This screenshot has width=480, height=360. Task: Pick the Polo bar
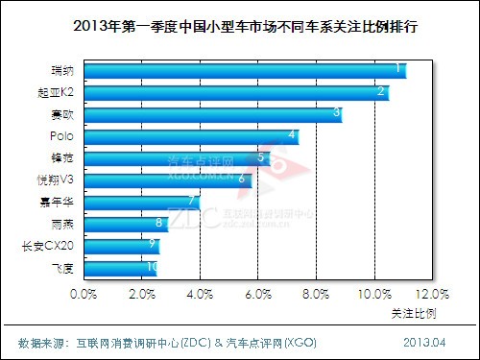pyautogui.click(x=191, y=136)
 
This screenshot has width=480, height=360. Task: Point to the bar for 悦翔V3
pyautogui.click(x=169, y=180)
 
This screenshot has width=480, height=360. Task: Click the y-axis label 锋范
pyautogui.click(x=60, y=157)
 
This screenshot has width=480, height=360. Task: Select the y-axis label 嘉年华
pyautogui.click(x=56, y=202)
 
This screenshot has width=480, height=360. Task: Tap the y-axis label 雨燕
pyautogui.click(x=60, y=224)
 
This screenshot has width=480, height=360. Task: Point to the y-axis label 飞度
pyautogui.click(x=60, y=268)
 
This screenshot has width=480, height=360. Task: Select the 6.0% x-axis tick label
pyautogui.click(x=259, y=294)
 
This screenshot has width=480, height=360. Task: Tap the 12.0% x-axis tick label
pyautogui.click(x=433, y=294)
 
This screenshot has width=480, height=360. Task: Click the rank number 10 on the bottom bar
pyautogui.click(x=152, y=267)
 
